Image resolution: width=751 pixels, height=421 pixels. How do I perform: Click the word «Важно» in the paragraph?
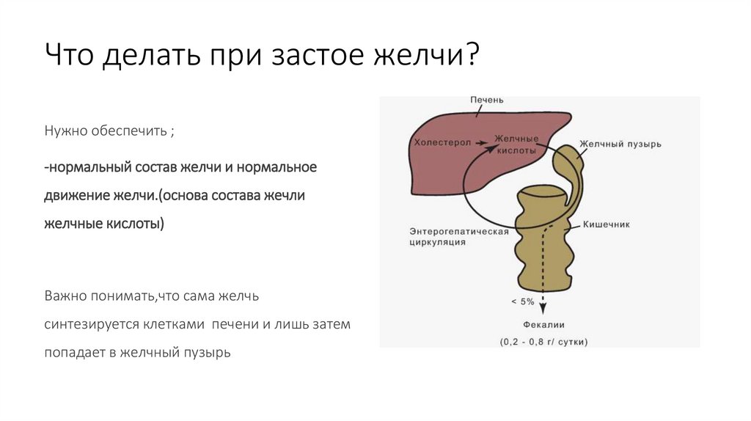(66, 296)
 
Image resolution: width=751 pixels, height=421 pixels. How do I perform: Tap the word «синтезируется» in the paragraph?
(90, 324)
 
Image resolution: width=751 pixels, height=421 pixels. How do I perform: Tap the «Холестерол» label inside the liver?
(442, 143)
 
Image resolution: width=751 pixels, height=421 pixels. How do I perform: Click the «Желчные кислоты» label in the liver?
(517, 144)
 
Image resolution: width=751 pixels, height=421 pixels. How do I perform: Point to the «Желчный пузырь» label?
(620, 144)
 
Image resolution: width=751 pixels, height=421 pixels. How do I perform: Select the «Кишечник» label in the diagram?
(607, 224)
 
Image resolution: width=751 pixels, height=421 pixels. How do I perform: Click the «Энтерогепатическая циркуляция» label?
(458, 236)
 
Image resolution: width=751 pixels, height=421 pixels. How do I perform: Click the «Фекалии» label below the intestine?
(543, 325)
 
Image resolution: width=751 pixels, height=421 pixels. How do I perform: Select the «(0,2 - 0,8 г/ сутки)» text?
(543, 342)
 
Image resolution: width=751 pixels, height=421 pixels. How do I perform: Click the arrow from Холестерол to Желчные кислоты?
(480, 143)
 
